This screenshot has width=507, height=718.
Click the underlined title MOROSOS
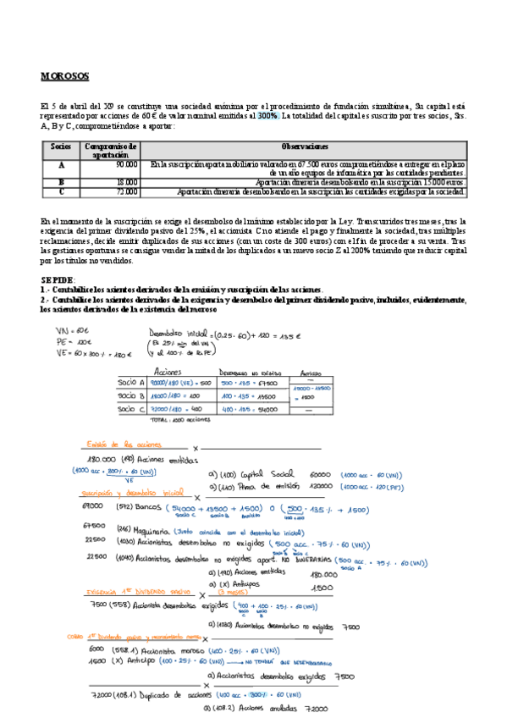coord(64,76)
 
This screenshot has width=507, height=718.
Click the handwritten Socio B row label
coord(132,395)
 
